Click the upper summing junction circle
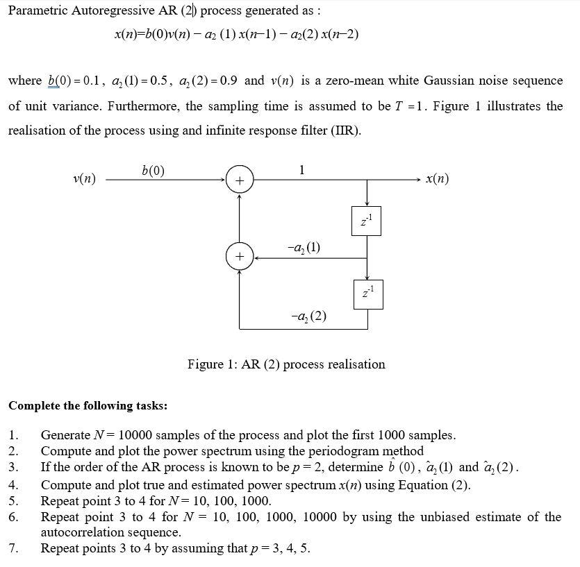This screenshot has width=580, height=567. point(239,180)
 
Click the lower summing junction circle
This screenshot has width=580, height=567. point(239,257)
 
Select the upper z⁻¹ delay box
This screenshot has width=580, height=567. point(367,221)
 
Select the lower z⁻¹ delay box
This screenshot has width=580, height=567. point(367,294)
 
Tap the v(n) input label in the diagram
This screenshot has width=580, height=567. point(84,179)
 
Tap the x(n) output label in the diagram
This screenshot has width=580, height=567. point(436,179)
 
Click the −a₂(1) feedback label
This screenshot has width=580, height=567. point(303,247)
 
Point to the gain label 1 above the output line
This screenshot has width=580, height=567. point(301,169)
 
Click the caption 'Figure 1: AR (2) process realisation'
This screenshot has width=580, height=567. point(286,364)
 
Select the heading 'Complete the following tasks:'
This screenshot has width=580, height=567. point(88,405)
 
